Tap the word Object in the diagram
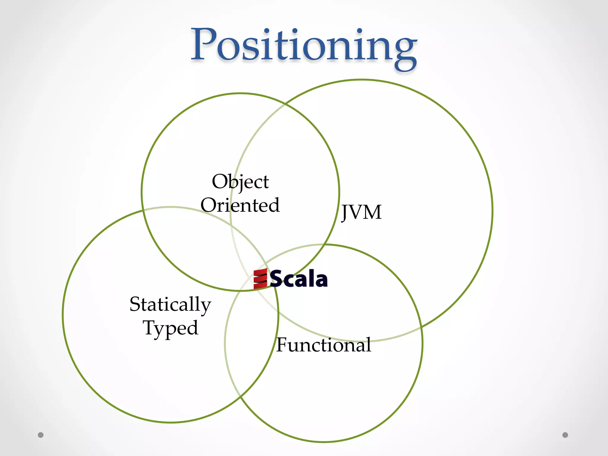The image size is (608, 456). [240, 181]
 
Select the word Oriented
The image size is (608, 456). [240, 205]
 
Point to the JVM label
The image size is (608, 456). [361, 212]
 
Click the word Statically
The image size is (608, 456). [170, 304]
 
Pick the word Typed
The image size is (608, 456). [170, 328]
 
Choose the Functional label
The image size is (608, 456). [324, 345]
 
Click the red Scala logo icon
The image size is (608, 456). [260, 279]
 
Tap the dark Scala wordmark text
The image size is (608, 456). [299, 279]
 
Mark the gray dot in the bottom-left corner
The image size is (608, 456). [41, 435]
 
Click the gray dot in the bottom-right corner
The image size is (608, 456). [565, 435]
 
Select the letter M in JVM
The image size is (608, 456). [373, 212]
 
